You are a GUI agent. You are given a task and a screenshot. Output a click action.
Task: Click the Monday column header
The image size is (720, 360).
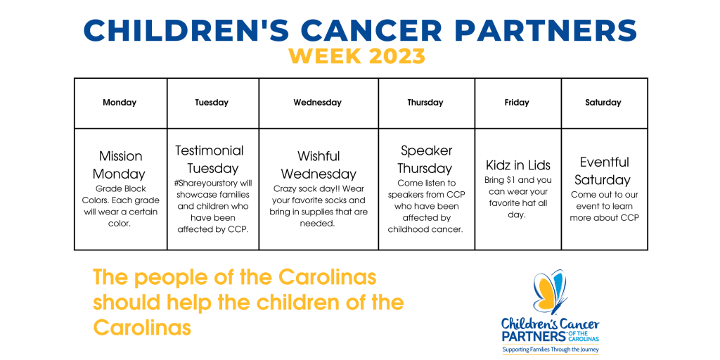120,103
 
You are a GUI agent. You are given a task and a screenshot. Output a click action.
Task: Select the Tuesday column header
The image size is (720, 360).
212,103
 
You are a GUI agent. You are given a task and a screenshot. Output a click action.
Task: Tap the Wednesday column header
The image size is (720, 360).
317,103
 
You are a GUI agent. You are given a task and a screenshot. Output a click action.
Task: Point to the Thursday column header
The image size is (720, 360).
425,103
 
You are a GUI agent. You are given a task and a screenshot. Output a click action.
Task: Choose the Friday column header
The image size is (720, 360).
517,103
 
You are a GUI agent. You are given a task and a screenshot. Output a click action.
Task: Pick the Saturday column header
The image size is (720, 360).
603,103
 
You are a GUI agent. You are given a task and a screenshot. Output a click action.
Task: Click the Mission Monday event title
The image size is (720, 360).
120,165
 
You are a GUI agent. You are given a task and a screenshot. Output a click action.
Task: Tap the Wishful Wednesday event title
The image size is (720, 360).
319,165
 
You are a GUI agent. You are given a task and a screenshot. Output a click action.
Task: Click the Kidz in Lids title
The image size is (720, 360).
518,165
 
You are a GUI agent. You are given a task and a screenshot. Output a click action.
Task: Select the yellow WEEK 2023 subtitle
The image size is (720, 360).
356,56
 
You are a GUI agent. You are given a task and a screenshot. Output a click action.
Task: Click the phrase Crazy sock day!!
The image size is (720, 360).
304,188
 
